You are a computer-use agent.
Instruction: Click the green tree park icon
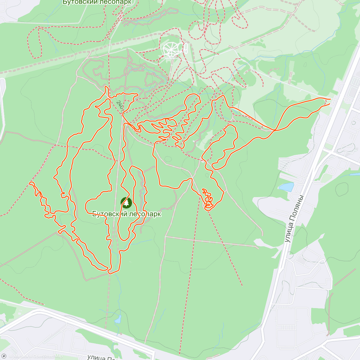[x=126, y=203]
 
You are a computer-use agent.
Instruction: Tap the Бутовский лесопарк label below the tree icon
[x=126, y=214]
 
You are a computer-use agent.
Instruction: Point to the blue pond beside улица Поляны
[x=286, y=187]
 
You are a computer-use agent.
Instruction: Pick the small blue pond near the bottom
[x=118, y=319]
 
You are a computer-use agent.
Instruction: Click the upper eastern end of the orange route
[x=330, y=99]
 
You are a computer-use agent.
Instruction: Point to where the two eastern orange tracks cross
[x=274, y=130]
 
